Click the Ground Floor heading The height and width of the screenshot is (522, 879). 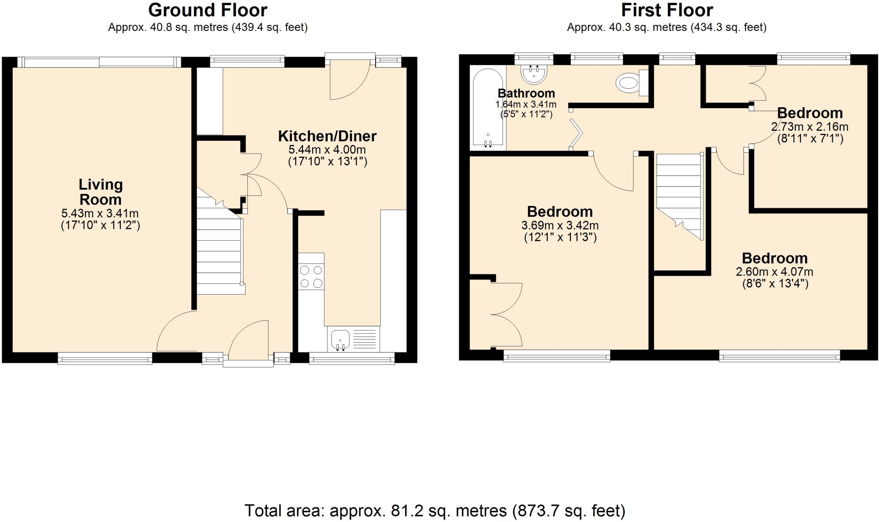point(207,10)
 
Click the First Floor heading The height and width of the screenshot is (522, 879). point(667,10)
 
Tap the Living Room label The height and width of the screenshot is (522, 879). point(100,192)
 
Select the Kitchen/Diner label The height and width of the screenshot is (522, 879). point(327,136)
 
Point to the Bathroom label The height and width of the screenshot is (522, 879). point(526,93)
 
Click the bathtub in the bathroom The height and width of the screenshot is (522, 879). point(488,108)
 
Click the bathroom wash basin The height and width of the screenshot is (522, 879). point(534,74)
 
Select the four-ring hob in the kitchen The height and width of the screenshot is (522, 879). point(311,277)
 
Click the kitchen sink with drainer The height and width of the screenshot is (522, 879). point(353,339)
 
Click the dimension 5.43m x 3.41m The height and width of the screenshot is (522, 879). point(100,213)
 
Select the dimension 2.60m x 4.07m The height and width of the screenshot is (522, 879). point(774,272)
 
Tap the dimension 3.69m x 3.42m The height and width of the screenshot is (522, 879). point(560,225)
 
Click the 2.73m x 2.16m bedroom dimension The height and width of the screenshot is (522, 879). point(809,127)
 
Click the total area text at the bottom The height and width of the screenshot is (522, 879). point(435,510)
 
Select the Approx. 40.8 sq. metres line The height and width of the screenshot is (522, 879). point(207,27)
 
